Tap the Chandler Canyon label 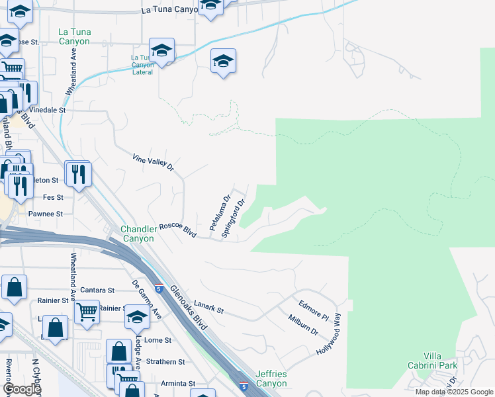[x=138, y=234]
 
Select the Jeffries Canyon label [x=271, y=379]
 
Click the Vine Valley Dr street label [x=153, y=163]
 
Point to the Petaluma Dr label [x=220, y=213]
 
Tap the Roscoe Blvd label [x=178, y=229]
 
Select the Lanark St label [x=209, y=309]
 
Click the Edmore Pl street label [x=314, y=311]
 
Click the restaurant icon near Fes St [x=78, y=175]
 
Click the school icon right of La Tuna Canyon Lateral [x=224, y=62]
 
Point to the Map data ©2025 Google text [x=453, y=392]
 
